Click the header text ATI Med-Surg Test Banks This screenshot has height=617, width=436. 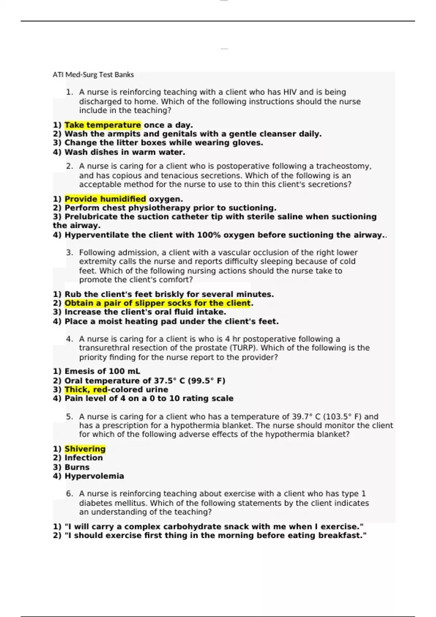(x=93, y=75)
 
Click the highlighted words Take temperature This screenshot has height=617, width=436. (x=102, y=125)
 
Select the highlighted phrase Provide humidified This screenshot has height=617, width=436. (x=105, y=199)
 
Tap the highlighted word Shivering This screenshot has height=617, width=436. (x=85, y=449)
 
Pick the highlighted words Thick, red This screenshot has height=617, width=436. (x=86, y=390)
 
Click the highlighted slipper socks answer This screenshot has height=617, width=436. (x=157, y=303)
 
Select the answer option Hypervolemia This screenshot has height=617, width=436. (x=94, y=476)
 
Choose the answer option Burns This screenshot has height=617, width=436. (x=77, y=467)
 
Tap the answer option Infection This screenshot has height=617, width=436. (x=83, y=458)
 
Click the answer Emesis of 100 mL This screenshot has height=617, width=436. (x=102, y=371)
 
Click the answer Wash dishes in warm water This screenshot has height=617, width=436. (x=125, y=152)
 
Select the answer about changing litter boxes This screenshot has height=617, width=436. (x=163, y=143)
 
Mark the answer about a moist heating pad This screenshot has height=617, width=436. (x=171, y=322)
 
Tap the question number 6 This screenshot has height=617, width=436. (x=69, y=494)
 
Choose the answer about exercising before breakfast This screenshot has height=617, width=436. (x=215, y=536)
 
